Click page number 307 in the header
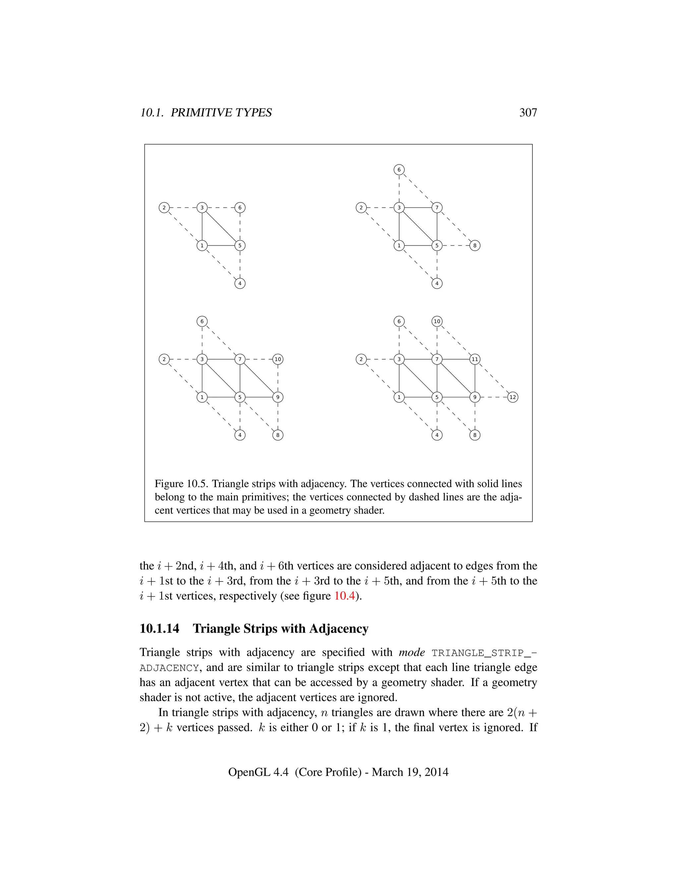tap(528, 113)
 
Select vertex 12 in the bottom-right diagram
tap(513, 397)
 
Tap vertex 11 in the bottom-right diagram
tap(475, 359)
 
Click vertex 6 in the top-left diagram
tap(240, 208)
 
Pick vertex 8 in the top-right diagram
tap(475, 245)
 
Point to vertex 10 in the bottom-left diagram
tap(278, 359)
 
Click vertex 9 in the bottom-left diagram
tap(278, 397)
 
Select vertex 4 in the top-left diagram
tap(240, 283)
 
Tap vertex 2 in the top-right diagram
tap(361, 208)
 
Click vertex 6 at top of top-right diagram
tap(399, 170)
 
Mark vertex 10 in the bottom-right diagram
tap(437, 321)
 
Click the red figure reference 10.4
tap(344, 596)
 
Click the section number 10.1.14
tap(159, 629)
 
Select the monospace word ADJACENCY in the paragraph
tap(169, 668)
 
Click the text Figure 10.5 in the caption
tap(181, 484)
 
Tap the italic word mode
tap(411, 652)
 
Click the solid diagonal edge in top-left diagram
tap(221, 227)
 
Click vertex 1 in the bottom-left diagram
tap(202, 397)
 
